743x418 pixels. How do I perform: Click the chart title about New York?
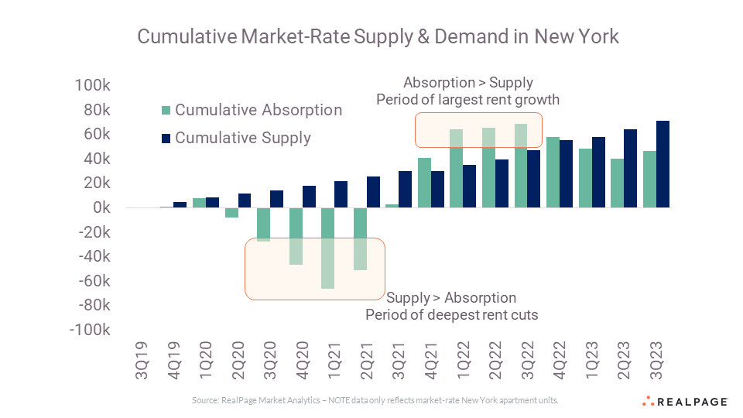click(x=378, y=36)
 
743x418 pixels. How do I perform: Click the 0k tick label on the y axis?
click(x=99, y=207)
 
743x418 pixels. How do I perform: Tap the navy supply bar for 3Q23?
click(x=663, y=164)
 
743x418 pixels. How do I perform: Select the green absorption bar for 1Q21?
click(x=328, y=248)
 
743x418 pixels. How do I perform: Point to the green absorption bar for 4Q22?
click(x=553, y=173)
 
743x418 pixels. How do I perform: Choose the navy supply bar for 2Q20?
click(x=245, y=200)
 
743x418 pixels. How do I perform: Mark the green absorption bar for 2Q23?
click(x=618, y=183)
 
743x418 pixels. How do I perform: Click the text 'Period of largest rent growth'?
click(x=467, y=100)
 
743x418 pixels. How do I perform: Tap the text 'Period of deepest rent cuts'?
click(x=450, y=315)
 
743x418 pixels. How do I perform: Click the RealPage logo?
click(x=685, y=401)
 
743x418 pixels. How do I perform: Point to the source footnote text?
click(x=375, y=400)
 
